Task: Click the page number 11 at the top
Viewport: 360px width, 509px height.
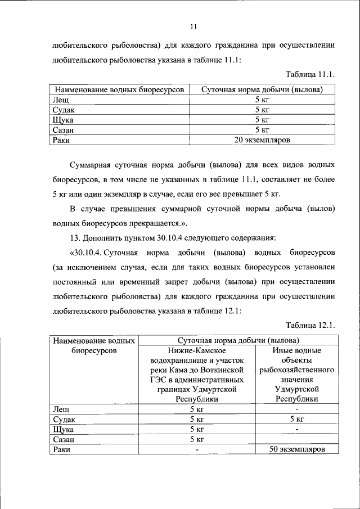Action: (x=193, y=26)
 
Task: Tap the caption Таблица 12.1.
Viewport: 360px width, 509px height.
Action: (x=310, y=325)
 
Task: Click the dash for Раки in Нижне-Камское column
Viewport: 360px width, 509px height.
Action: (x=197, y=450)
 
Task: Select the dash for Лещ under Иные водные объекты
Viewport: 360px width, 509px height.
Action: (x=296, y=409)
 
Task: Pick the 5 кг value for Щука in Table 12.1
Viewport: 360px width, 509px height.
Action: (x=197, y=429)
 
